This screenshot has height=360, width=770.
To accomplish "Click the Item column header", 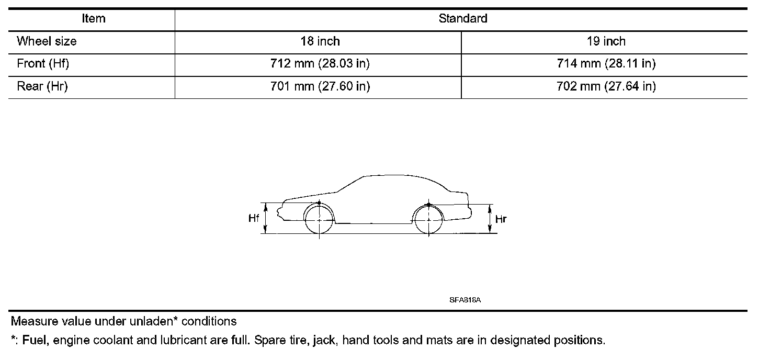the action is (94, 18).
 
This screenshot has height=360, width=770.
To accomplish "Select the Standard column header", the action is (463, 18).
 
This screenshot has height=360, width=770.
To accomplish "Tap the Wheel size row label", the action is (47, 41).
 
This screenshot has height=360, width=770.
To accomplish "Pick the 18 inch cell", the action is (320, 41).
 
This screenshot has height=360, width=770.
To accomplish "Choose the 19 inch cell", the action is (606, 41).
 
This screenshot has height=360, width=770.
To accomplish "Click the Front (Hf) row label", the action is (43, 64).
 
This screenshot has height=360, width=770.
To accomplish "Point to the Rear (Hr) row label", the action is (42, 86).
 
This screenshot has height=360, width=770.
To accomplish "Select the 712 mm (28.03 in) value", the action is (320, 64).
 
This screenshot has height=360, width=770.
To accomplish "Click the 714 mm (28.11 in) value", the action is (606, 64).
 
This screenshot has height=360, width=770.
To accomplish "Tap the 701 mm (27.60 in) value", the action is (320, 86).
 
